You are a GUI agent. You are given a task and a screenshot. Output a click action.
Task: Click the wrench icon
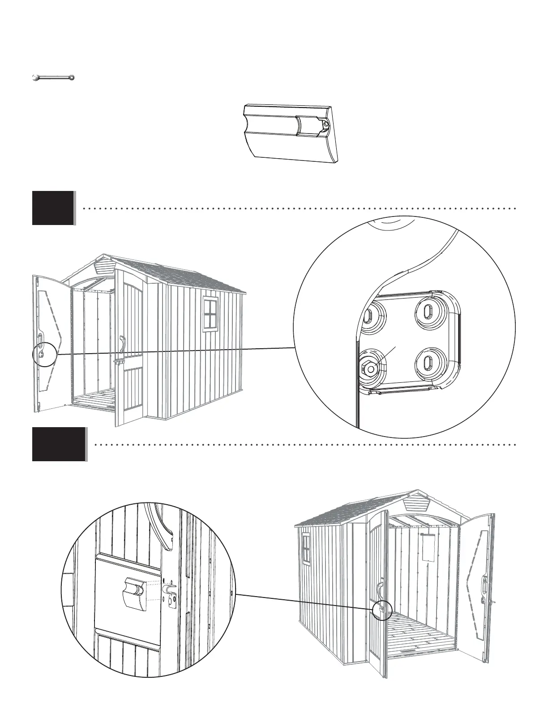tap(53, 78)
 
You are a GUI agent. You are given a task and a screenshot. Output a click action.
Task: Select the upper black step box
tap(53, 208)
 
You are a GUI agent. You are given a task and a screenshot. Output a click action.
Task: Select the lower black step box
tap(59, 444)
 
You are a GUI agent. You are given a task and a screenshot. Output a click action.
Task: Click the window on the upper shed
tap(210, 314)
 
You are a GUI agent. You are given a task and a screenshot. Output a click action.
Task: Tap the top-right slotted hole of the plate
tap(428, 311)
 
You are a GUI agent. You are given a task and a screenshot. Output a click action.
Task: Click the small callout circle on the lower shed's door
tap(382, 610)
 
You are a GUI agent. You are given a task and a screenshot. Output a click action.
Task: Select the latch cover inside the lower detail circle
tap(134, 593)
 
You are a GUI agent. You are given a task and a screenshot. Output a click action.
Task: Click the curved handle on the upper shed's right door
tap(121, 344)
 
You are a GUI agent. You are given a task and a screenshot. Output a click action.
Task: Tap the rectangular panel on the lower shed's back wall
tap(428, 548)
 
